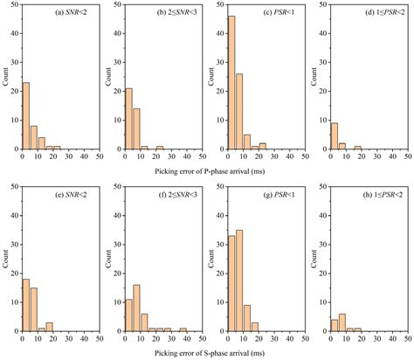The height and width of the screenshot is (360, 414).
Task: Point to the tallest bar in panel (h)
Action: pos(341,322)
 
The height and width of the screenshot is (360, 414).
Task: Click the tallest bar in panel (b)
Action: pos(129,120)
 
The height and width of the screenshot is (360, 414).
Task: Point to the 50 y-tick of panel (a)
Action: pos(15,7)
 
